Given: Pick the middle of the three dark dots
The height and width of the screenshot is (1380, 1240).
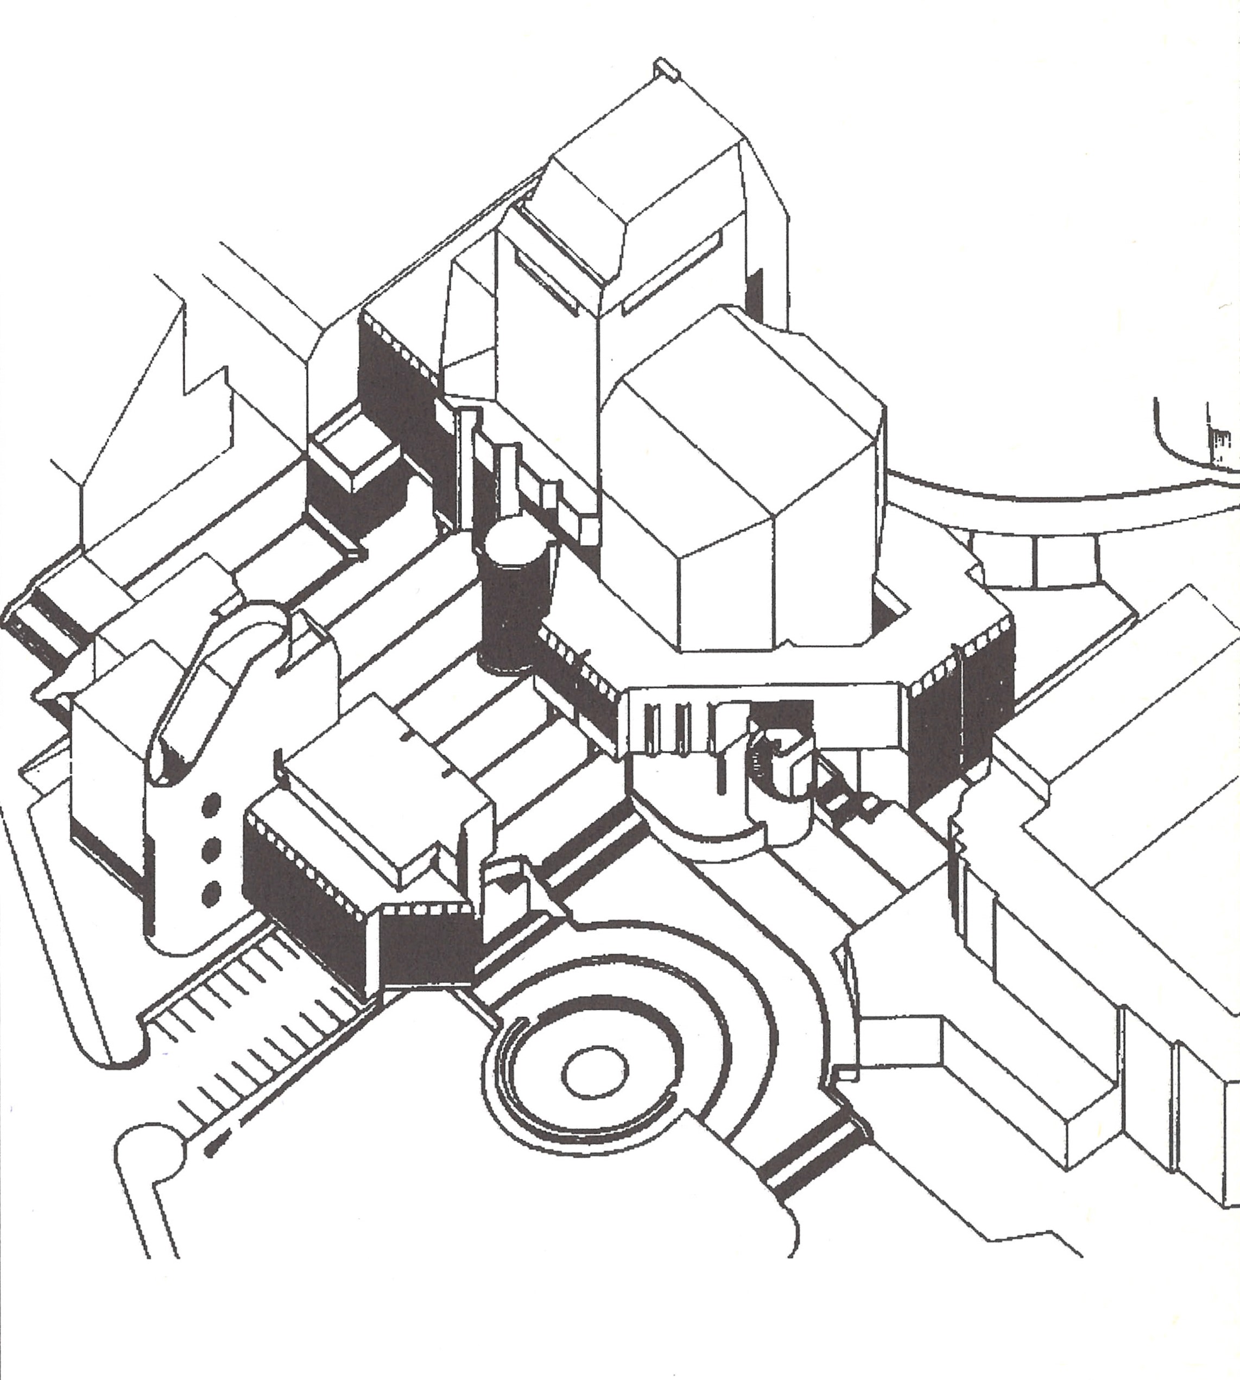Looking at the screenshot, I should (212, 847).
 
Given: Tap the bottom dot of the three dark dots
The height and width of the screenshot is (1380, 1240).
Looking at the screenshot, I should (212, 891).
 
